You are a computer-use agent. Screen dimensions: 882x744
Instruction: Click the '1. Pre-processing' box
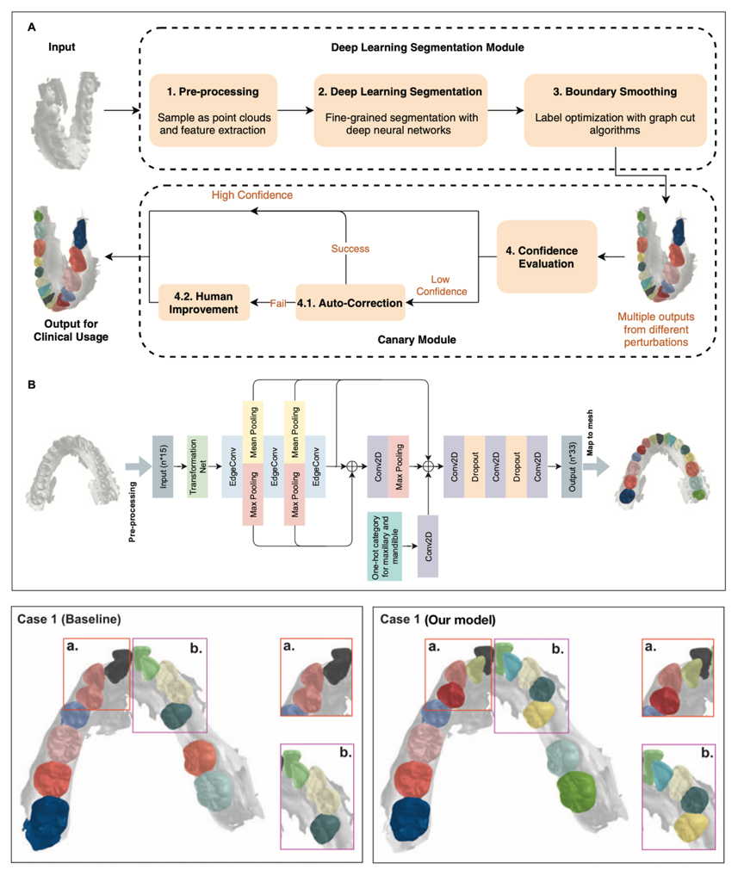tap(212, 109)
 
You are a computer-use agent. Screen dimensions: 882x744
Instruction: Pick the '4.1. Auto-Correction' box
tap(350, 302)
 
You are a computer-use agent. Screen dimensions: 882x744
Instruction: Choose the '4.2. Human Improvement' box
tap(198, 302)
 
